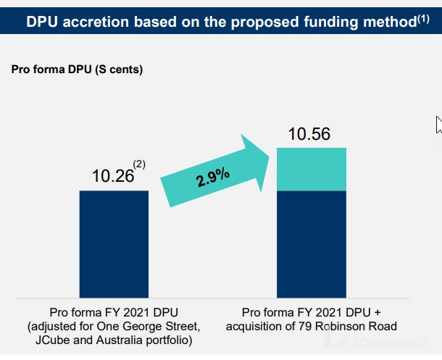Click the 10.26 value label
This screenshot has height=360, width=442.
tap(113, 176)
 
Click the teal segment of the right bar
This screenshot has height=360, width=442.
tap(312, 169)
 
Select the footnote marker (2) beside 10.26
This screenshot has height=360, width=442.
tap(139, 165)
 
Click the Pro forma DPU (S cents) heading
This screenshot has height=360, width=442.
tap(77, 70)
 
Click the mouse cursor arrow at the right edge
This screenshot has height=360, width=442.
tap(438, 124)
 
